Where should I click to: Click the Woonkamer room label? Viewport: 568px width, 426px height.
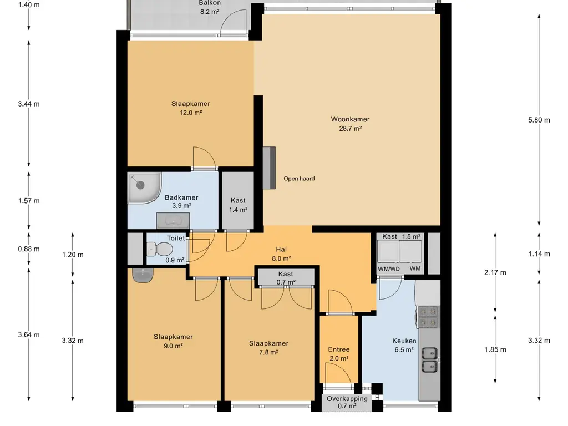click(x=351, y=119)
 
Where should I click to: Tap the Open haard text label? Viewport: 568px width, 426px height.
click(x=299, y=179)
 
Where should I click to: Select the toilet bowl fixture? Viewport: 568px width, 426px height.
click(x=160, y=249)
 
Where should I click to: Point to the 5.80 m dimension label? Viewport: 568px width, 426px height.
click(x=539, y=120)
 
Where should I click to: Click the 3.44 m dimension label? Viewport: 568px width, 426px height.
click(x=29, y=104)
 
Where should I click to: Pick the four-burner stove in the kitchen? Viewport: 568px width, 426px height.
click(x=429, y=317)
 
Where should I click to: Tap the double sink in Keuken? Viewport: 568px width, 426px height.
click(x=430, y=360)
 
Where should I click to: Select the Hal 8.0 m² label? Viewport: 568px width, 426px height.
click(x=281, y=254)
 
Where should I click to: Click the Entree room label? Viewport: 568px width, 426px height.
click(x=339, y=349)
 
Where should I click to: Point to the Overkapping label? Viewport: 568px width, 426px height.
click(x=347, y=399)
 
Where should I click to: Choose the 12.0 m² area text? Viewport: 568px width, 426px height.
click(x=191, y=113)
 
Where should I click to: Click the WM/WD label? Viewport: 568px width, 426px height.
click(x=389, y=269)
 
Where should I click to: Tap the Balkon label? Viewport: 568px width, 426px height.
click(x=210, y=3)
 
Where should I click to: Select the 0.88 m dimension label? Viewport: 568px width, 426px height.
click(x=29, y=249)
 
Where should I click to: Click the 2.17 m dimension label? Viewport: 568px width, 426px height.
click(x=495, y=273)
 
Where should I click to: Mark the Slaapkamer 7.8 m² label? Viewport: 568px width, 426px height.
click(x=269, y=348)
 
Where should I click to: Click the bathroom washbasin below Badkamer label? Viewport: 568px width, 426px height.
click(x=173, y=221)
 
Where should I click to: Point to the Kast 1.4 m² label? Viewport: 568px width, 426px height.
click(x=238, y=205)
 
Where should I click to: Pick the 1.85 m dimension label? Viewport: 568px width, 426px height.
click(x=495, y=349)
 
